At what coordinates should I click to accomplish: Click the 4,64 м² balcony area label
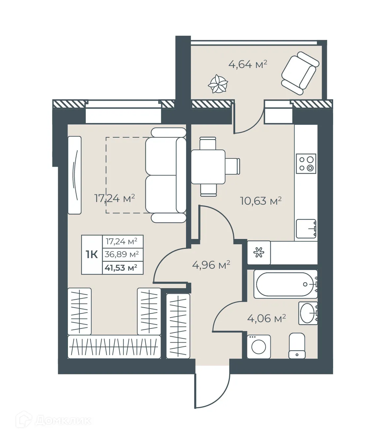(x=247, y=64)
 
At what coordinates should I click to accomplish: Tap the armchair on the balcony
(x=300, y=73)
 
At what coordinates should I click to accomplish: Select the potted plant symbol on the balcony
(x=218, y=84)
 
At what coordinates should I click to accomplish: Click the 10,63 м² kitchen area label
(x=261, y=201)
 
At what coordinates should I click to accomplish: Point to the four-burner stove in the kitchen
(x=306, y=164)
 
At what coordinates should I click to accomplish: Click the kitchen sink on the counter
(x=306, y=229)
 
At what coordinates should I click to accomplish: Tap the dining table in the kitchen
(x=208, y=167)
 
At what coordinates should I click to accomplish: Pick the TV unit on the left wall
(x=75, y=175)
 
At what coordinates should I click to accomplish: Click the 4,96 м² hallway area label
(x=211, y=265)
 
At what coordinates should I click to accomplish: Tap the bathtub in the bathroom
(x=285, y=284)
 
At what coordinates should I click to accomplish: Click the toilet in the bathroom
(x=297, y=346)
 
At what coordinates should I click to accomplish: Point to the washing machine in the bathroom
(x=259, y=347)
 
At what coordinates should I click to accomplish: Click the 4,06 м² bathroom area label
(x=266, y=318)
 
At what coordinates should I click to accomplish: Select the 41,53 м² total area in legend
(x=121, y=268)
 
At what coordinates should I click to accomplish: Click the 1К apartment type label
(x=92, y=254)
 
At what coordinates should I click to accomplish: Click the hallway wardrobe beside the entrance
(x=178, y=326)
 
